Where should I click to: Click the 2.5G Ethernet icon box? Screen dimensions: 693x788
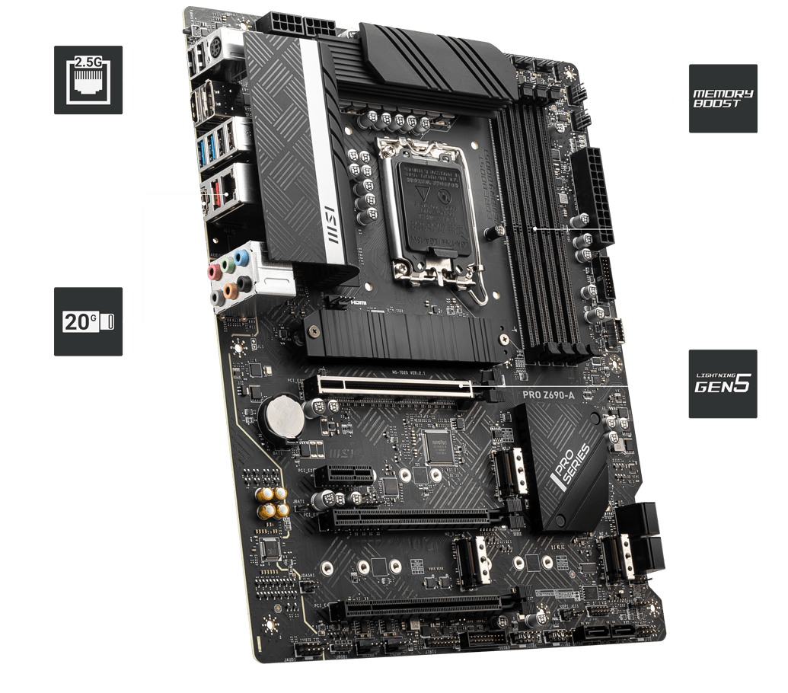click(x=88, y=79)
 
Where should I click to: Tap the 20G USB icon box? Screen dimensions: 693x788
click(x=88, y=321)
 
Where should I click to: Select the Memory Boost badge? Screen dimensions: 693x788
click(x=723, y=98)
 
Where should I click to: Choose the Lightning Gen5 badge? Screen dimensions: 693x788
click(x=723, y=384)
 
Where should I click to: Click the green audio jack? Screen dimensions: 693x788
click(x=228, y=267)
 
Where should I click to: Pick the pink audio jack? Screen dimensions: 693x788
click(x=214, y=271)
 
